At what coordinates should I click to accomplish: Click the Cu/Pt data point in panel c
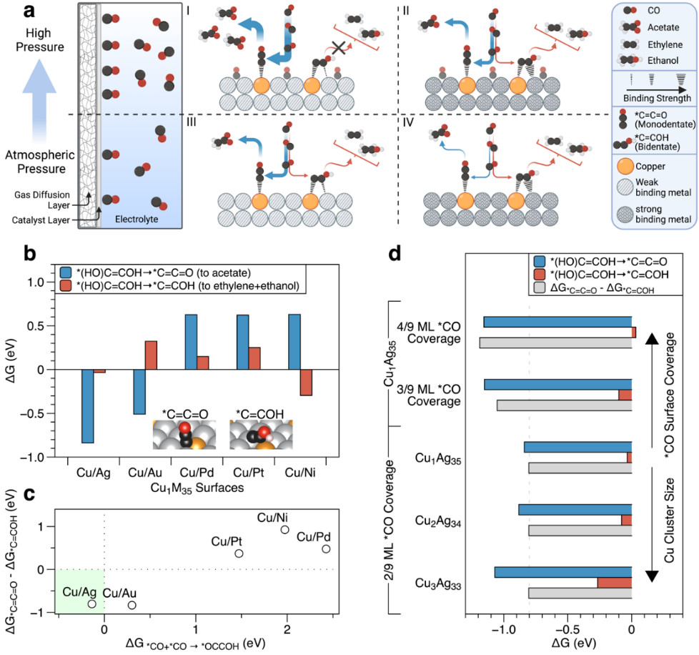(239, 553)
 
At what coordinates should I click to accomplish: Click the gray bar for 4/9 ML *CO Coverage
(555, 343)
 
